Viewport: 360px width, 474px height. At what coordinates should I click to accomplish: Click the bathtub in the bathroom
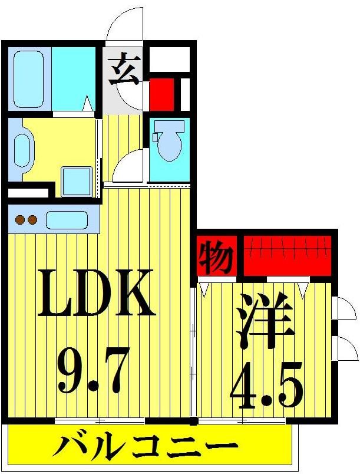[x=29, y=79]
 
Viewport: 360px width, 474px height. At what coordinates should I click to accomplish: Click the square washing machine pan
[x=77, y=180]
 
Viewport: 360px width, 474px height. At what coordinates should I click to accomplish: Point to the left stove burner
[x=19, y=220]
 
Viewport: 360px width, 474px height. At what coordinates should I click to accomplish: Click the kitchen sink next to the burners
[x=67, y=220]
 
